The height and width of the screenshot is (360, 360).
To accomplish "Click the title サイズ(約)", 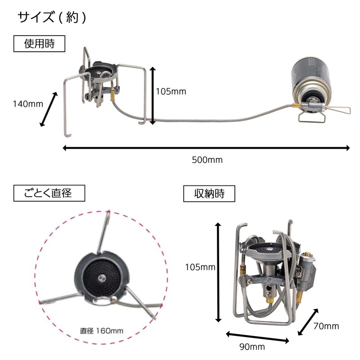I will (52, 18).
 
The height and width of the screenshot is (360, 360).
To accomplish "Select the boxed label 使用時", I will (39, 44).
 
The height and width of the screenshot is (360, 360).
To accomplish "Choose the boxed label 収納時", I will (209, 194).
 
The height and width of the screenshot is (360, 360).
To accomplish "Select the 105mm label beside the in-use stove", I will (171, 91).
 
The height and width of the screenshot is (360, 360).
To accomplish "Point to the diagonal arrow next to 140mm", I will (49, 109).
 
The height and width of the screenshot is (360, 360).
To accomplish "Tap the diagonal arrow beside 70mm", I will (310, 321).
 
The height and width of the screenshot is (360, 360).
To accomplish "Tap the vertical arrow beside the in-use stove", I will (153, 95).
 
